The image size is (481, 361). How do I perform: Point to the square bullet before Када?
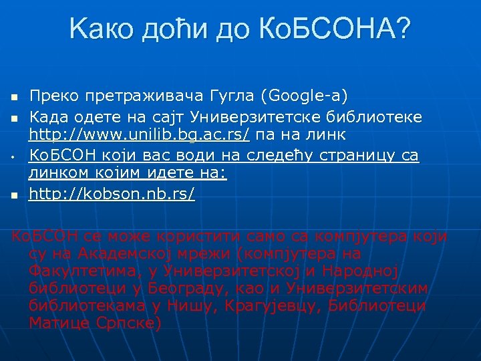[x=13, y=118]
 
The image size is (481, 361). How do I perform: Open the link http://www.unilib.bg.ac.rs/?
[x=140, y=136]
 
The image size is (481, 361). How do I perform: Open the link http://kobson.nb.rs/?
[x=112, y=195]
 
